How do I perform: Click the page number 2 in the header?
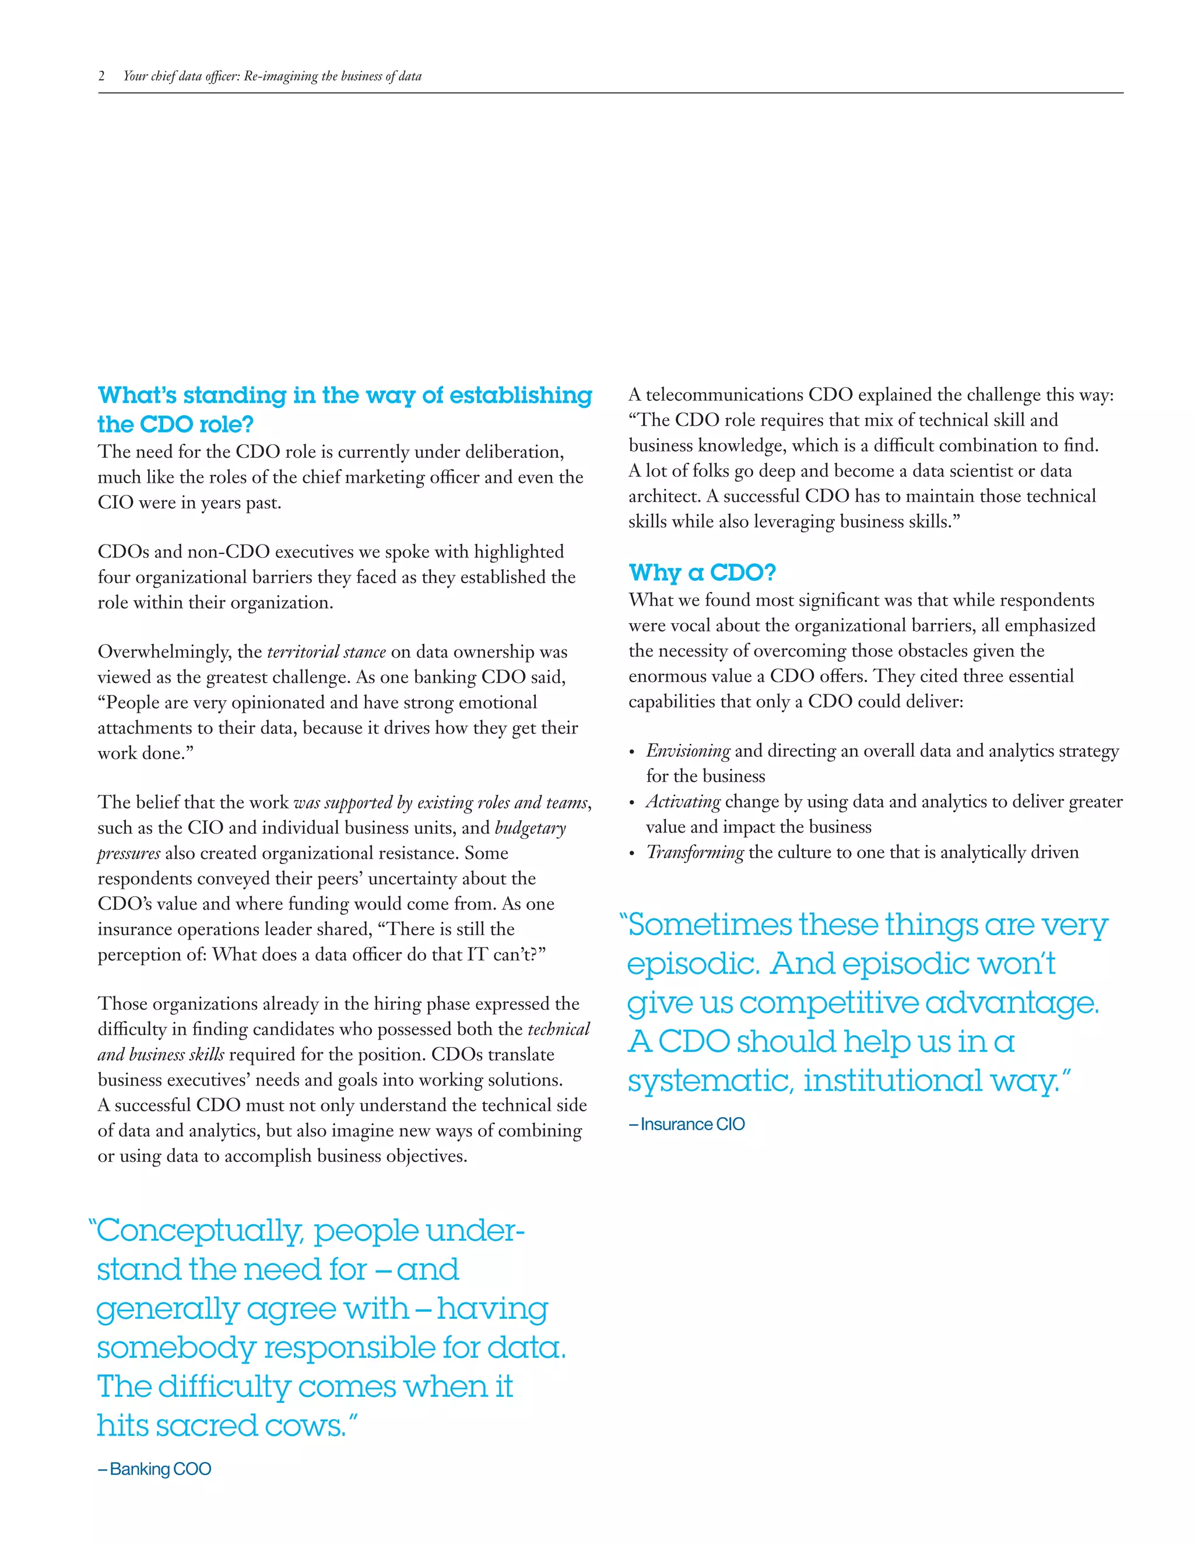point(102,76)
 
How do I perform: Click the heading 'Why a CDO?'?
point(702,573)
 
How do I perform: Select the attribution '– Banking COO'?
point(154,1469)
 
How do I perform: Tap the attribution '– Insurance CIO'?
point(686,1124)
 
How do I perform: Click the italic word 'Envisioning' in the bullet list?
point(687,750)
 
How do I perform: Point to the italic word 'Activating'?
point(683,802)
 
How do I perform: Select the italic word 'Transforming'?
point(694,852)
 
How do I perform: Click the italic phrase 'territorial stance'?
point(326,652)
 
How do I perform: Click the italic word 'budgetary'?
point(531,828)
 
